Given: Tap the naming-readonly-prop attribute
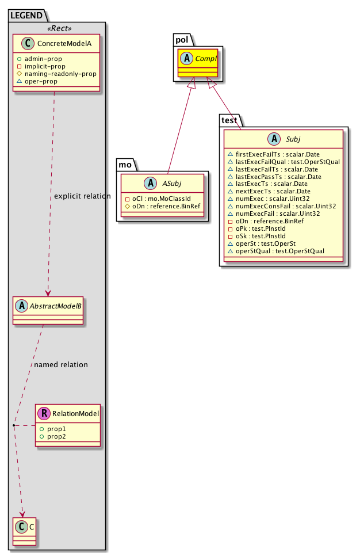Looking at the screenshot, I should click(x=70, y=74).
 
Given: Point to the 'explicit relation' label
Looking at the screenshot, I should click(x=82, y=196).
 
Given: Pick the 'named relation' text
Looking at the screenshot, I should click(x=61, y=364).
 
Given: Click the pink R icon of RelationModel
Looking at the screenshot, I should click(x=44, y=412).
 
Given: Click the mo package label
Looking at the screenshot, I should click(x=125, y=165).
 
